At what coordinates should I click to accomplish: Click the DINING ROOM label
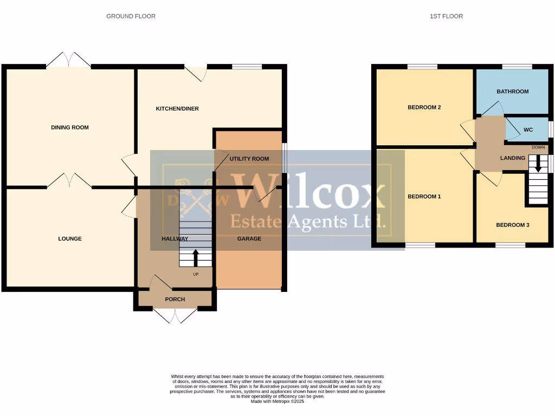pyautogui.click(x=69, y=128)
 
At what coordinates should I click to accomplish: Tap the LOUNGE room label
pyautogui.click(x=70, y=239)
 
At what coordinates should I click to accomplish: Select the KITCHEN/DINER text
pyautogui.click(x=177, y=109)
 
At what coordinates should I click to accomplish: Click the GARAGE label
pyautogui.click(x=249, y=239)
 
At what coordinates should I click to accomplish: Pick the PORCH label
pyautogui.click(x=175, y=300)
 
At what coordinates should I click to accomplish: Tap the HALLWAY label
pyautogui.click(x=175, y=239)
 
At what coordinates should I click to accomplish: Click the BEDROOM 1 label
pyautogui.click(x=424, y=197)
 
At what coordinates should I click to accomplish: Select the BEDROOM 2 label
pyautogui.click(x=424, y=108)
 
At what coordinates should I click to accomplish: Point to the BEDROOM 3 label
pyautogui.click(x=512, y=225)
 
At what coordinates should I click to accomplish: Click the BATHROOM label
pyautogui.click(x=512, y=92)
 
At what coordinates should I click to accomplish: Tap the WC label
pyautogui.click(x=528, y=131)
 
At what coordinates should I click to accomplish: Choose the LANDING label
pyautogui.click(x=512, y=158)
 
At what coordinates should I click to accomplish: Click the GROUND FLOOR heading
pyautogui.click(x=131, y=16)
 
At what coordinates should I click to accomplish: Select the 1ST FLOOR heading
pyautogui.click(x=446, y=16)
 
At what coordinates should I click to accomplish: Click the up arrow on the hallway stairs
pyautogui.click(x=196, y=257)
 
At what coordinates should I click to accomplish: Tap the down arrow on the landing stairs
pyautogui.click(x=538, y=164)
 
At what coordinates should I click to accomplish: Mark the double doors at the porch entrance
pyautogui.click(x=175, y=316)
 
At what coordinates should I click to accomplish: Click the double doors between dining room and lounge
pyautogui.click(x=69, y=180)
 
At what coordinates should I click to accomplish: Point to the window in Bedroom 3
pyautogui.click(x=510, y=245)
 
